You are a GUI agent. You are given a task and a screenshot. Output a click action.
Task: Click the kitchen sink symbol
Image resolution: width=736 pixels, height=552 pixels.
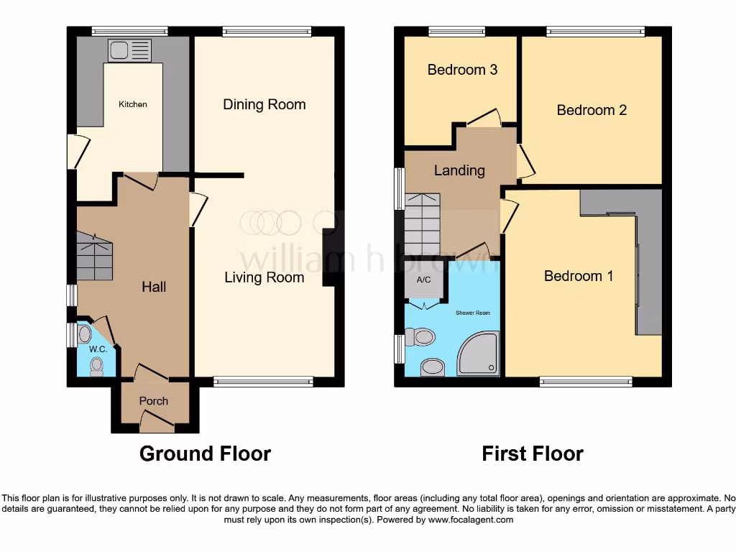[x=130, y=51]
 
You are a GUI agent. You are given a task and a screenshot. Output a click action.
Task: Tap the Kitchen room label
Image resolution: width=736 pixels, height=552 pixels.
[x=133, y=104]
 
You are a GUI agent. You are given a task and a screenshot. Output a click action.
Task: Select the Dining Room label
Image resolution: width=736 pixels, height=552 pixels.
[x=264, y=104]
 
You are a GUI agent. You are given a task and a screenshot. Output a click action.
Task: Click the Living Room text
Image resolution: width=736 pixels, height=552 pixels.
[x=264, y=277]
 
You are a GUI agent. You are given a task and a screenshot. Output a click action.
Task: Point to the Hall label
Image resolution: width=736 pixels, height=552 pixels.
[x=154, y=287]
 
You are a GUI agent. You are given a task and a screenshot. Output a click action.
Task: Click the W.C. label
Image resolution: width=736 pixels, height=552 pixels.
[x=98, y=349]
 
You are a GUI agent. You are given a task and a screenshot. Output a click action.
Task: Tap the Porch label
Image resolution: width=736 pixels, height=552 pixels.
[x=154, y=401]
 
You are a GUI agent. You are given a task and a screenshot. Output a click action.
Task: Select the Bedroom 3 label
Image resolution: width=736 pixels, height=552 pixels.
[x=462, y=70]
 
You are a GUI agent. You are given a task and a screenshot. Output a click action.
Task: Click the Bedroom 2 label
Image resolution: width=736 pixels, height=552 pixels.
[x=592, y=110]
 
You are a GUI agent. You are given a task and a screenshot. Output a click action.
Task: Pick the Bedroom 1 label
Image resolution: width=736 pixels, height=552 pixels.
[x=579, y=276]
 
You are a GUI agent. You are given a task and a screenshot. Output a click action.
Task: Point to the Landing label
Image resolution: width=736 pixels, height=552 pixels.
[x=459, y=170]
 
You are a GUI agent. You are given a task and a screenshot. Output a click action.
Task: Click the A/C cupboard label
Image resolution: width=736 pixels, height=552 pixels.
[x=424, y=280]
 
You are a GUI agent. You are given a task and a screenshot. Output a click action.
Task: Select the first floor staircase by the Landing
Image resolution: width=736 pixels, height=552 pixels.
[x=423, y=224]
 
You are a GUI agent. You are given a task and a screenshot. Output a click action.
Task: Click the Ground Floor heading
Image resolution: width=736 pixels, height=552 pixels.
[x=205, y=454]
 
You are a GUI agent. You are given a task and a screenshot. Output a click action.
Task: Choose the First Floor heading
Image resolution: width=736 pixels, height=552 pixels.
[x=533, y=454]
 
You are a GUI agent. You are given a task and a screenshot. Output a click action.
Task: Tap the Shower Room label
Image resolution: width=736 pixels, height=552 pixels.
[x=472, y=313]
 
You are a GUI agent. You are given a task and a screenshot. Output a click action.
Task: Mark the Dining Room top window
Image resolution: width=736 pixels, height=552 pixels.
[x=267, y=31]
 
